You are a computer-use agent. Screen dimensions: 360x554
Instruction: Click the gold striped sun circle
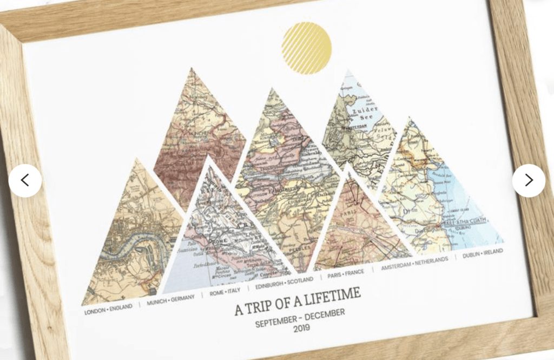[306, 48]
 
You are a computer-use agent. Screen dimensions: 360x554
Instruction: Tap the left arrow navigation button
[25, 180]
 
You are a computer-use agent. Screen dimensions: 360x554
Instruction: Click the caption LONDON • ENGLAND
[108, 310]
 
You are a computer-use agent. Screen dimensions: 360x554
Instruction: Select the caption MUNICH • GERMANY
[170, 301]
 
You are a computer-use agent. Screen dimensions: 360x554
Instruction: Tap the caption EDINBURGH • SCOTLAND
[283, 282]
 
